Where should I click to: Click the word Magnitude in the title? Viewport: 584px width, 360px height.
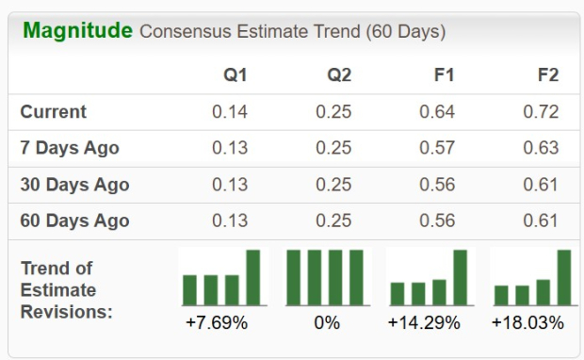click(77, 31)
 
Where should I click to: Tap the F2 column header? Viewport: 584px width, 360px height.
click(547, 75)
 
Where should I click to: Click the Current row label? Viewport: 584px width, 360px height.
click(54, 112)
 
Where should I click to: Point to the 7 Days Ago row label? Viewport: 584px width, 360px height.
click(70, 148)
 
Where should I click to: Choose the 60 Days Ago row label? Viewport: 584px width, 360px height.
click(74, 221)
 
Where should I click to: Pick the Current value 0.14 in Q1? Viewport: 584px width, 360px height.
click(230, 112)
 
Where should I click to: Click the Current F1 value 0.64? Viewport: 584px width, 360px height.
click(437, 112)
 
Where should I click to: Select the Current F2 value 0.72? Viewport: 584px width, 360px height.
click(541, 112)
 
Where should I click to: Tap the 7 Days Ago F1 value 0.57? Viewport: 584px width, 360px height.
click(437, 148)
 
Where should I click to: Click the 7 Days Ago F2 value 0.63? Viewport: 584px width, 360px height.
click(541, 148)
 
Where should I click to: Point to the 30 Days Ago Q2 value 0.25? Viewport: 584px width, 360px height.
click(333, 185)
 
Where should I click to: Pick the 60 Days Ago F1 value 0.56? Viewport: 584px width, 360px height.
click(437, 221)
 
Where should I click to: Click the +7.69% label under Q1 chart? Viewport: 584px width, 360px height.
click(217, 323)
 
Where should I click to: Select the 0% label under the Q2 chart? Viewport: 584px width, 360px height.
click(327, 323)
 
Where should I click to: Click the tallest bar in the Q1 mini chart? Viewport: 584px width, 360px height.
click(253, 277)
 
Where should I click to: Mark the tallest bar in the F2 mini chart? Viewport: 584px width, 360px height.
click(564, 277)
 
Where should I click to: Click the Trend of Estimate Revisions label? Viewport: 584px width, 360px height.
click(66, 289)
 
